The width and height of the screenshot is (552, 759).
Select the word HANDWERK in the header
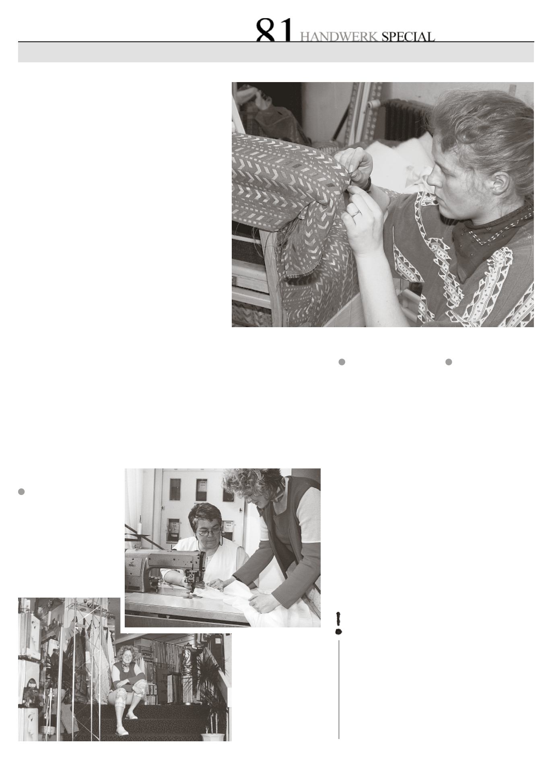[x=339, y=37]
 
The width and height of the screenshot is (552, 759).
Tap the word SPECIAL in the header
[x=408, y=37]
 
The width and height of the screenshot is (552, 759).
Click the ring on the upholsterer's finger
[x=355, y=213]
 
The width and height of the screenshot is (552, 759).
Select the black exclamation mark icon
[x=338, y=623]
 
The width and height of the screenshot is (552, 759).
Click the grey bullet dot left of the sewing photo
[x=22, y=491]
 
